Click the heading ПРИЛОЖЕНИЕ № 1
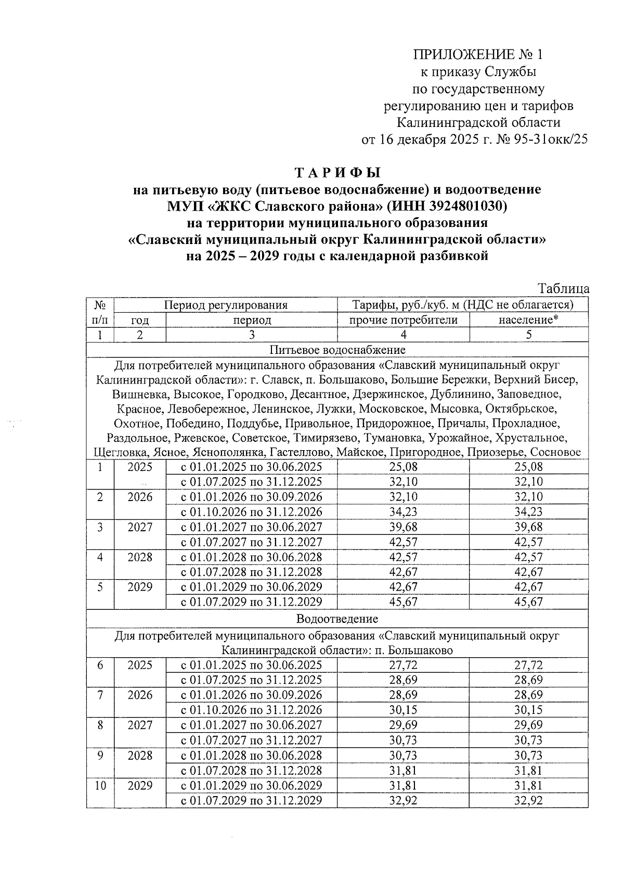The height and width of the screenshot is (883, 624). pyautogui.click(x=477, y=55)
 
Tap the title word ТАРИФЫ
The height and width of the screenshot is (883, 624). pyautogui.click(x=337, y=172)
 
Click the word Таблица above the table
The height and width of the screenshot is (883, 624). pyautogui.click(x=564, y=289)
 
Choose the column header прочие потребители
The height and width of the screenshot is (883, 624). pyautogui.click(x=403, y=319)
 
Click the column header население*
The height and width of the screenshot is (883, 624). pyautogui.click(x=528, y=319)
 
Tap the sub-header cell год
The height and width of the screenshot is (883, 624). pyautogui.click(x=139, y=320)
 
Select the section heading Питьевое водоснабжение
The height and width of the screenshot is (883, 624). pyautogui.click(x=337, y=350)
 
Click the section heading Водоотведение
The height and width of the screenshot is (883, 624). pyautogui.click(x=337, y=619)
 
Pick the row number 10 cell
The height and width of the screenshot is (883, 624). pyautogui.click(x=100, y=786)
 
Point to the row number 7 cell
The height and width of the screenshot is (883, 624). pyautogui.click(x=100, y=695)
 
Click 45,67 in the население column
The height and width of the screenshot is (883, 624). pyautogui.click(x=528, y=602)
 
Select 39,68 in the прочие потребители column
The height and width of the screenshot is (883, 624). pyautogui.click(x=403, y=527)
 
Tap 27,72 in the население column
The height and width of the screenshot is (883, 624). pyautogui.click(x=528, y=665)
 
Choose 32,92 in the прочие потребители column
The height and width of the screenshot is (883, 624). pyautogui.click(x=403, y=801)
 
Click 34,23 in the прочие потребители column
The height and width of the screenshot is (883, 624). pyautogui.click(x=403, y=512)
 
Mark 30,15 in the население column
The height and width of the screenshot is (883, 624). pyautogui.click(x=528, y=710)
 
